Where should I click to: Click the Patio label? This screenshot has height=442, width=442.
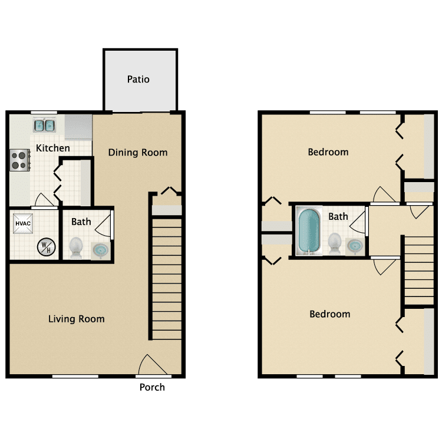pyautogui.click(x=138, y=79)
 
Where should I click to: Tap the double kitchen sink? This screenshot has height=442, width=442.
pyautogui.click(x=44, y=126)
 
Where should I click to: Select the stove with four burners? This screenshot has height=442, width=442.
pyautogui.click(x=19, y=160)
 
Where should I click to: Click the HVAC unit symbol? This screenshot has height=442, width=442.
pyautogui.click(x=23, y=223)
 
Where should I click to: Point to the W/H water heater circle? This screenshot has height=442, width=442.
pyautogui.click(x=46, y=247)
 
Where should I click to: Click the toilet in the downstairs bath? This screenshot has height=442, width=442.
pyautogui.click(x=76, y=248)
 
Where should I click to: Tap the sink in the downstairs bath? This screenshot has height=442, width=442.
pyautogui.click(x=100, y=250)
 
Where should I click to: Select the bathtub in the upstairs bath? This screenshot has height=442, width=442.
pyautogui.click(x=309, y=231)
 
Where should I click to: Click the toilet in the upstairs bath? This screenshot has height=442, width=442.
pyautogui.click(x=335, y=244)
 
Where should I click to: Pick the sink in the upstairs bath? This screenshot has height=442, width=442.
pyautogui.click(x=355, y=246)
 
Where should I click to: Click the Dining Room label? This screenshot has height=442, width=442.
pyautogui.click(x=138, y=153)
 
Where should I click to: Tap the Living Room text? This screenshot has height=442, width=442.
pyautogui.click(x=77, y=319)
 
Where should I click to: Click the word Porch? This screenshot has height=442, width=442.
pyautogui.click(x=152, y=387)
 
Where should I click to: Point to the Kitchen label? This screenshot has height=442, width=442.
pyautogui.click(x=52, y=148)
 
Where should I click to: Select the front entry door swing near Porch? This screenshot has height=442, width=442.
pyautogui.click(x=153, y=365)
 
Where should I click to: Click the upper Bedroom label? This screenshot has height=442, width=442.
pyautogui.click(x=328, y=152)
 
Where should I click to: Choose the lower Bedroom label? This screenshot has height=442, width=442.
pyautogui.click(x=330, y=314)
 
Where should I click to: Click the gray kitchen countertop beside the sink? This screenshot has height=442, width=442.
pyautogui.click(x=78, y=127)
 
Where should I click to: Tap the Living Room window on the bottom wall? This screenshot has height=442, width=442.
pyautogui.click(x=75, y=377)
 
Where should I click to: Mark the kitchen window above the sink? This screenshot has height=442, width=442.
pyautogui.click(x=44, y=113)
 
